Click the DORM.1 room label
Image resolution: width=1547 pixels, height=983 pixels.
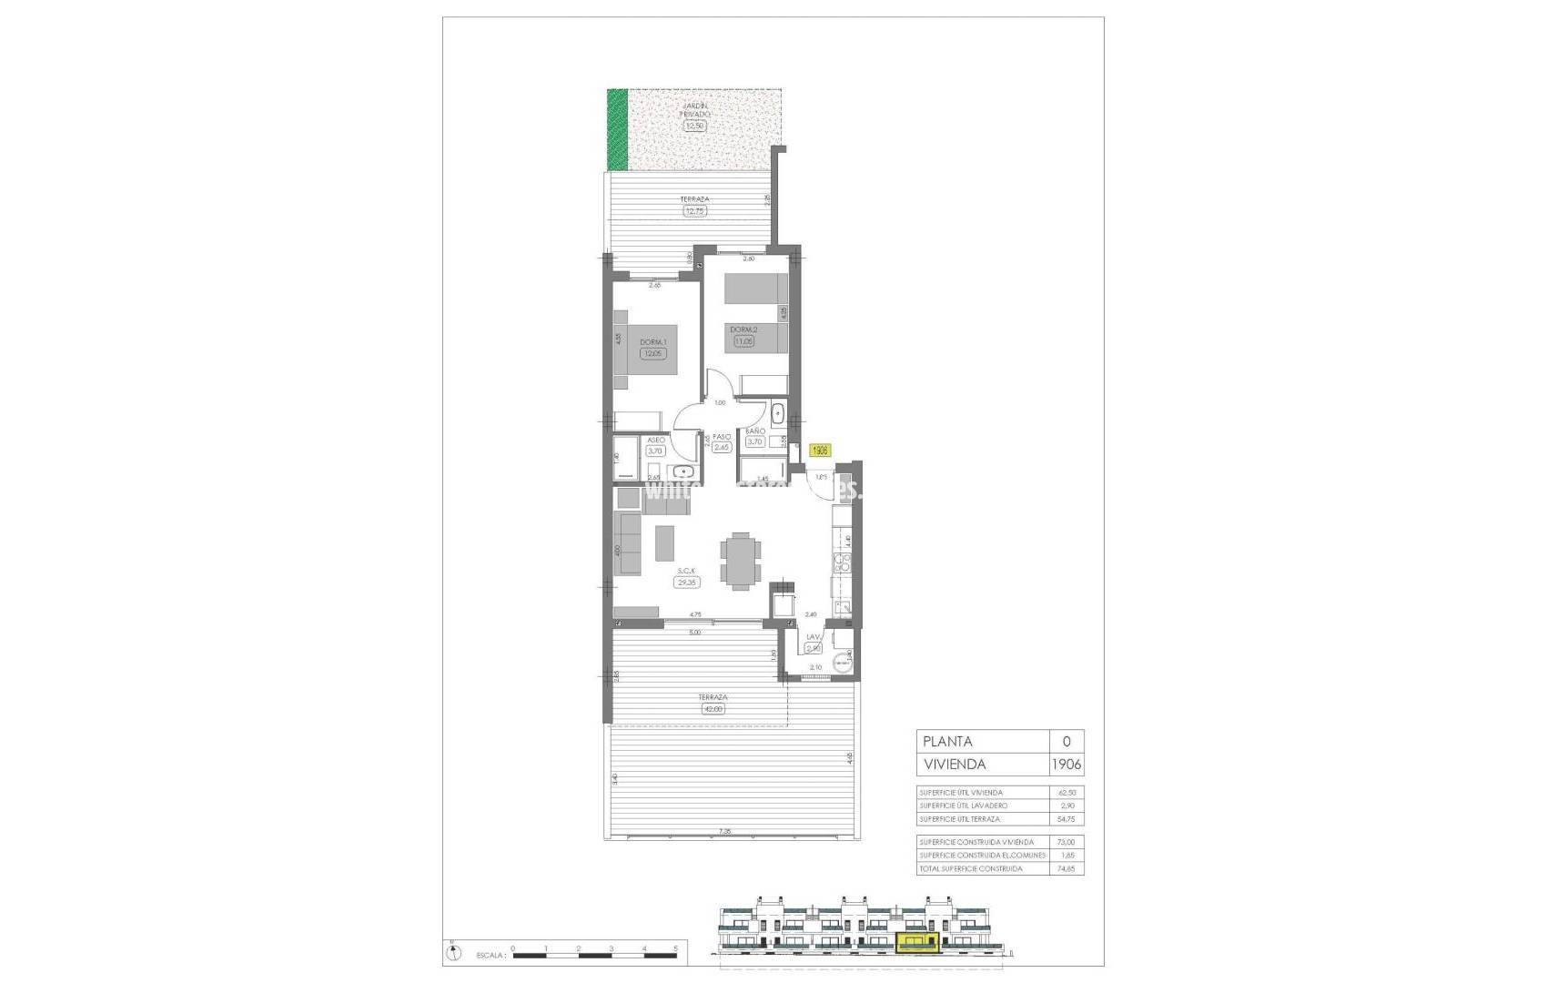click(652, 342)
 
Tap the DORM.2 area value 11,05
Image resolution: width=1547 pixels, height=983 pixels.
click(743, 341)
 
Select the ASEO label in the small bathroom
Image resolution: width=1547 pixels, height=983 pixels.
click(656, 441)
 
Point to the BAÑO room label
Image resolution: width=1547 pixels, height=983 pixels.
click(755, 431)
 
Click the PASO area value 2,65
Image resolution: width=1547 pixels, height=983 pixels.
click(723, 447)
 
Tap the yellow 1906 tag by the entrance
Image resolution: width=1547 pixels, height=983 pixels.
click(820, 450)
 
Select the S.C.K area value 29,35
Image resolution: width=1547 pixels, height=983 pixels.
click(685, 583)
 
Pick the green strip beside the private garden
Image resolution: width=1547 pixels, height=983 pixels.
click(617, 129)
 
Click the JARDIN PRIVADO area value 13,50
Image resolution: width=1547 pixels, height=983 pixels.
click(694, 127)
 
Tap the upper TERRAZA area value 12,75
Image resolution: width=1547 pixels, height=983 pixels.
click(694, 211)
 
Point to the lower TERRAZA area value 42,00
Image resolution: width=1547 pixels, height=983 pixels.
click(713, 709)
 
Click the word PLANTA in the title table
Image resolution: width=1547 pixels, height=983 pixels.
click(947, 742)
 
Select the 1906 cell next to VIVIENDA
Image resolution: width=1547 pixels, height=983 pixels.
click(1066, 765)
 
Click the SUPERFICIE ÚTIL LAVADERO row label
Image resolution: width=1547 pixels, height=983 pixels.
click(963, 806)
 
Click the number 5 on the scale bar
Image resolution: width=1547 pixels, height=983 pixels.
click(675, 948)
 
